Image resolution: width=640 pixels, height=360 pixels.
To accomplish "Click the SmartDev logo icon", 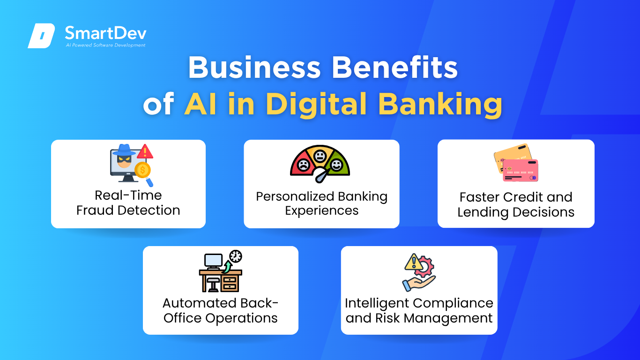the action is pos(41,36).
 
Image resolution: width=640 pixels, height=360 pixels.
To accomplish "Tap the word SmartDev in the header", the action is pos(105,33).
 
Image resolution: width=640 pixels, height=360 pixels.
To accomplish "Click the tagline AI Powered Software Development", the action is pos(105,45).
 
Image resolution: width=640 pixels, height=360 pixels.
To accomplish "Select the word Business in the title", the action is pos(254,67).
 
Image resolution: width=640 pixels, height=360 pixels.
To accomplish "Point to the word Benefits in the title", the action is pos(394,67).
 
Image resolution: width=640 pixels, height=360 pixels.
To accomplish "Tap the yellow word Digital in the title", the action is pos(316,104).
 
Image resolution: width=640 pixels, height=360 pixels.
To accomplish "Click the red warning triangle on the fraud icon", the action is pos(145,151).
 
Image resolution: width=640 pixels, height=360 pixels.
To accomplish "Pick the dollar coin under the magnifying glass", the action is pos(142,170).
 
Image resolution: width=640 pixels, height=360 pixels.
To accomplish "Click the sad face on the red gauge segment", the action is pos(303,165).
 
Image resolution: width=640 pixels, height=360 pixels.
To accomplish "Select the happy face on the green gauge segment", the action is pos(336,165).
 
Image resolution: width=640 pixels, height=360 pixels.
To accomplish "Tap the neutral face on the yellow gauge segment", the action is pos(320,156).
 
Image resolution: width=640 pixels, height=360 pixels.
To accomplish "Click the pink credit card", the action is pos(520,171).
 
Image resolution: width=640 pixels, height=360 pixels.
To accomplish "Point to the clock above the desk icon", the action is pos(236,256).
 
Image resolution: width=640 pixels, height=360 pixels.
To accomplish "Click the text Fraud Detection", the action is pos(128,210).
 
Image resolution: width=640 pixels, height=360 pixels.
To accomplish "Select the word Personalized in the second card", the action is pos(295,196).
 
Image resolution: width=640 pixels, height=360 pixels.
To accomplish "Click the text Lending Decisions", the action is pos(516,212).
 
